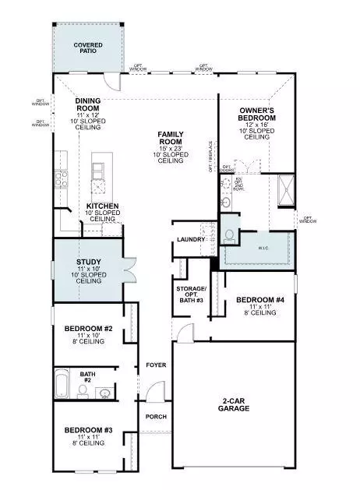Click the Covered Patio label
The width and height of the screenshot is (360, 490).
pyautogui.click(x=88, y=48)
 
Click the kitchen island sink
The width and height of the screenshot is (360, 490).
pyautogui.click(x=99, y=167)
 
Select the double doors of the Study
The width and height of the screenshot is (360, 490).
pyautogui.click(x=124, y=269)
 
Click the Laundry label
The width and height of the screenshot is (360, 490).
pyautogui.click(x=190, y=239)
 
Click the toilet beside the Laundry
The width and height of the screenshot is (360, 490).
pyautogui.click(x=230, y=234)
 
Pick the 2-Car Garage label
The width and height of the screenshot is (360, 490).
pyautogui.click(x=233, y=405)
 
